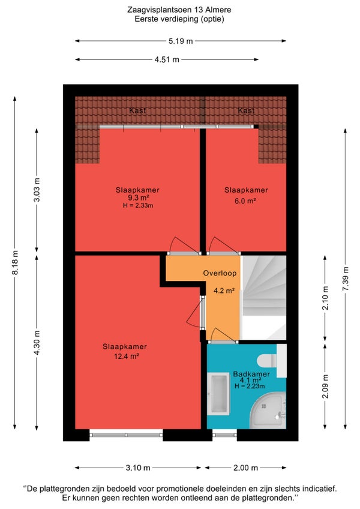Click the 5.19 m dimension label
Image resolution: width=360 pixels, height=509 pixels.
[181, 41]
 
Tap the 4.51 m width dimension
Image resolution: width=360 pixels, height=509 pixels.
[167, 59]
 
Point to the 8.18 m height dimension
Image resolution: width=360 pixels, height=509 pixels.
[15, 262]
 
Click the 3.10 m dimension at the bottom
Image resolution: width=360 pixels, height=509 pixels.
[138, 468]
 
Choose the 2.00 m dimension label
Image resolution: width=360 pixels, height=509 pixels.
[246, 468]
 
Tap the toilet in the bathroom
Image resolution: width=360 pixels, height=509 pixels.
[271, 360]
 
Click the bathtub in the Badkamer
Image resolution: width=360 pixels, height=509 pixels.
[218, 394]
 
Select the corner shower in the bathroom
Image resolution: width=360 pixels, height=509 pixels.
[269, 411]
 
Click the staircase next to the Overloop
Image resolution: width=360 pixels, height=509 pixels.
[264, 298]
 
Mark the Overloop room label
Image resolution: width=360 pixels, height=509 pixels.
[220, 273]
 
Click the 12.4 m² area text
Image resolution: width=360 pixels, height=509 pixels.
[126, 356]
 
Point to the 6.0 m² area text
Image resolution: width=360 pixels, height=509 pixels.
[245, 200]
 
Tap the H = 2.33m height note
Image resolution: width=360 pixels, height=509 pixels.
[138, 205]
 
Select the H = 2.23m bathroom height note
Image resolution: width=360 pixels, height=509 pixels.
[250, 386]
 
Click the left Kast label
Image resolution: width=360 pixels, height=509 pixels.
[137, 110]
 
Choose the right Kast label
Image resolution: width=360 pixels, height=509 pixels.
[246, 110]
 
